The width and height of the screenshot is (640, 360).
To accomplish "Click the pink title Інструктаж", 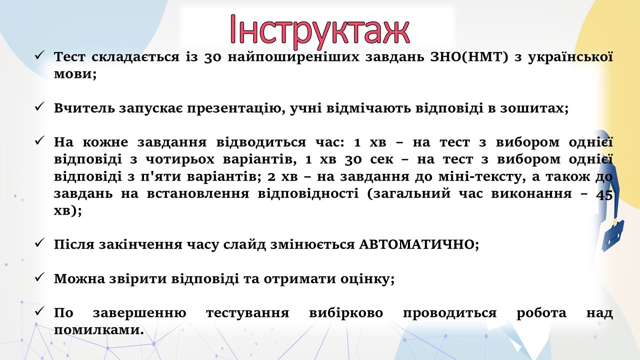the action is tap(320, 30).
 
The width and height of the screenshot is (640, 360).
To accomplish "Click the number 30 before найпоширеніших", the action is tap(213, 58).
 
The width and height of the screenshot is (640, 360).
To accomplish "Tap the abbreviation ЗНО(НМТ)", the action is tap(470, 57).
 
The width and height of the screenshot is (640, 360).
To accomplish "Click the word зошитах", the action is tap(534, 108).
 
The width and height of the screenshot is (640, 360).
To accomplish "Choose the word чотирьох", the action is tap(180, 160).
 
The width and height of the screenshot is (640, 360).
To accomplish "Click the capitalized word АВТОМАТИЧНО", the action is tap(419, 244).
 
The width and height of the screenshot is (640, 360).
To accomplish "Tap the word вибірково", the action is tap(346, 313).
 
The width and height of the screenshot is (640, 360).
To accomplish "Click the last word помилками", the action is tap(99, 330).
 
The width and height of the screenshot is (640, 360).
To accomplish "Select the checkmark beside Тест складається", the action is tap(39, 55).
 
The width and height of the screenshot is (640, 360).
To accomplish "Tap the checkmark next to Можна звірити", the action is tap(39, 277).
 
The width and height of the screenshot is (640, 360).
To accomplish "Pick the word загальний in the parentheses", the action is tap(408, 194).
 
